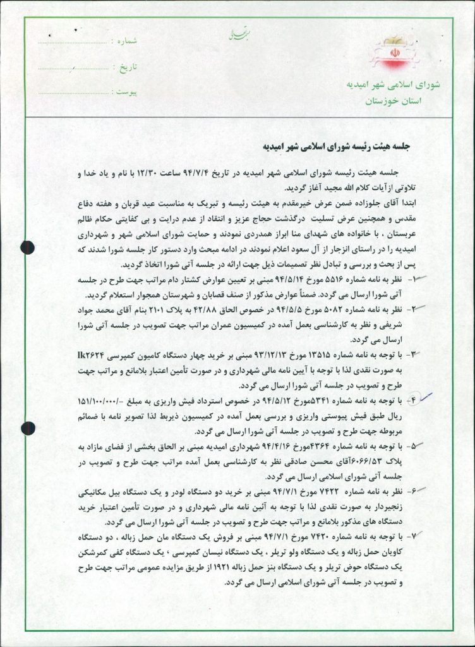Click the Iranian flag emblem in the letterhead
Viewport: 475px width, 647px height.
pyautogui.click(x=387, y=56)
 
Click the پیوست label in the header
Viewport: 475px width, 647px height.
pyautogui.click(x=124, y=92)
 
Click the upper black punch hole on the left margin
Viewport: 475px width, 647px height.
pyautogui.click(x=28, y=246)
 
